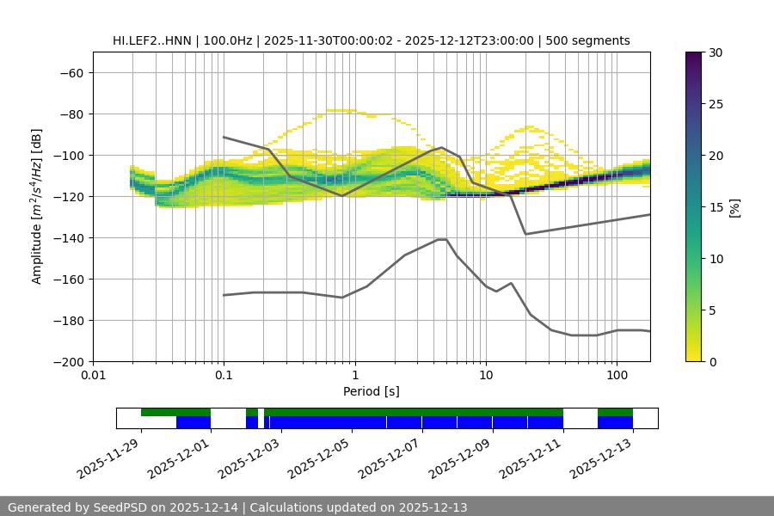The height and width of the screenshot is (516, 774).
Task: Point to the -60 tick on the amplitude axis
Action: [71, 72]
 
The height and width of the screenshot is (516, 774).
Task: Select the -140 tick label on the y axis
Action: [67, 237]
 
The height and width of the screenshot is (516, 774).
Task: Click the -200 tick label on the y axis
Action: [67, 361]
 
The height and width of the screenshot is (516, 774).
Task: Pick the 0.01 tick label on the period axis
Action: [93, 376]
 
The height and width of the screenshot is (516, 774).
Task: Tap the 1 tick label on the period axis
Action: [354, 376]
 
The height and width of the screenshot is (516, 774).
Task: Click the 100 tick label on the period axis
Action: [616, 376]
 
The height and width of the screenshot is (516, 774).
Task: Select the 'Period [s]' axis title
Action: [372, 391]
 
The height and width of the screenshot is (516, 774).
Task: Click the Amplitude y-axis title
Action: [37, 206]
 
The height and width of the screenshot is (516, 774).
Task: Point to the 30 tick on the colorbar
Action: [715, 52]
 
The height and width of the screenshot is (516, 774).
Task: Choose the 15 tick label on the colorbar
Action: [715, 206]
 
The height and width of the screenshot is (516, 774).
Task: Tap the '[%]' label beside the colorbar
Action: [735, 206]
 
